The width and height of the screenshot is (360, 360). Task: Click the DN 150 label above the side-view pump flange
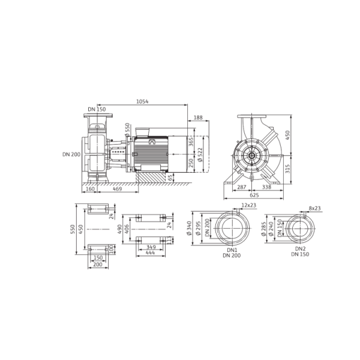pos(97,109)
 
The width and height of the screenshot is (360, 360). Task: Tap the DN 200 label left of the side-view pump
pos(71,154)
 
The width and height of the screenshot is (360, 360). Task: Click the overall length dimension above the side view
pos(143,101)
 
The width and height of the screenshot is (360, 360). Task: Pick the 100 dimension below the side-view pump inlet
pos(91,188)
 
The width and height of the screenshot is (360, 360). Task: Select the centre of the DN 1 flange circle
pos(231,227)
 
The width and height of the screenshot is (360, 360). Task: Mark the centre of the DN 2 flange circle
pos(300,228)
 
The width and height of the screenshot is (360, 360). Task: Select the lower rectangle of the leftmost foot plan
pos(97,248)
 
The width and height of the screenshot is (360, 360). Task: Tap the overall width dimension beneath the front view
pos(255,194)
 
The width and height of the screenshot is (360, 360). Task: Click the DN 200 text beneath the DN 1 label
pos(232,256)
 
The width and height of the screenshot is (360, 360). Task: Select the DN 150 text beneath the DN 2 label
pos(301,256)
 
